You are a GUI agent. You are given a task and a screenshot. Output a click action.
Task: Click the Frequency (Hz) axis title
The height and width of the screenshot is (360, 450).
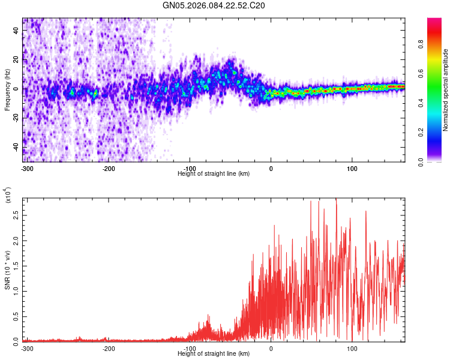(x=7, y=89)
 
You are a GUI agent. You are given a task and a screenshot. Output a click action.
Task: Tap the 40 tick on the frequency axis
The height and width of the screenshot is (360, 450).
(x=16, y=31)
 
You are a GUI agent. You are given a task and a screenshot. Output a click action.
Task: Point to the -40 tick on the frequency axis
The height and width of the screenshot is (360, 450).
(x=15, y=148)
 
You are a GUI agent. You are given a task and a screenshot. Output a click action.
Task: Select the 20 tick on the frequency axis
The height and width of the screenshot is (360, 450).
(x=16, y=61)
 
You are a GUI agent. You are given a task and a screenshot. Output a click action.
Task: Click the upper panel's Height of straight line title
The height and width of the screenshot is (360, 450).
(x=214, y=173)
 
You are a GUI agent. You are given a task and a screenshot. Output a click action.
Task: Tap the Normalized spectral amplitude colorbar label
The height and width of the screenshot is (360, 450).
(x=445, y=90)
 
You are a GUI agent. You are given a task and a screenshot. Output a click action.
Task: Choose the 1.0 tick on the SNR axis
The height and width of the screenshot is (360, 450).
(x=16, y=290)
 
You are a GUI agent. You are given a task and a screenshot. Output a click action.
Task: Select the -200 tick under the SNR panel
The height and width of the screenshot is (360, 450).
(x=109, y=348)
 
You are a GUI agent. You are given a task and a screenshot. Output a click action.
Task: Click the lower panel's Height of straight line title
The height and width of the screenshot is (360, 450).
(x=214, y=353)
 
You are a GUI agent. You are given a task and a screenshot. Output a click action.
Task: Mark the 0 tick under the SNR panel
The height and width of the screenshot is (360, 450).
(x=271, y=348)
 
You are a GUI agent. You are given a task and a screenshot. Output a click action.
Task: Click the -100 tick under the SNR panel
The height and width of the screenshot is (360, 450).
(x=190, y=348)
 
